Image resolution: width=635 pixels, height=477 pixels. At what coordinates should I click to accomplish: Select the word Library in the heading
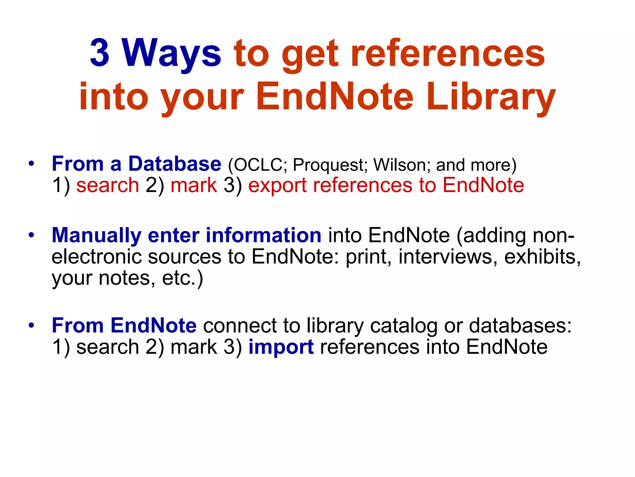(491, 97)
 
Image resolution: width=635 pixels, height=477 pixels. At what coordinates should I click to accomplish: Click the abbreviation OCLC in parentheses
(257, 165)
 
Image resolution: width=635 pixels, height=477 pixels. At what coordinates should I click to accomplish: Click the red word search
(108, 185)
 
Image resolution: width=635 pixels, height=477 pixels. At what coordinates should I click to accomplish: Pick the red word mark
(194, 185)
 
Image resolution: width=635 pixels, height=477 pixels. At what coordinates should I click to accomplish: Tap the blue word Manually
(96, 235)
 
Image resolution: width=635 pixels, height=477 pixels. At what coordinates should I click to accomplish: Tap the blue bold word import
(281, 347)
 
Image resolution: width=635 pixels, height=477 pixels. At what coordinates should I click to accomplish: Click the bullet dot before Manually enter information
(31, 235)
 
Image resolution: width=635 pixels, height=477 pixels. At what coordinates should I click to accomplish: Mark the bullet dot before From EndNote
(31, 325)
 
